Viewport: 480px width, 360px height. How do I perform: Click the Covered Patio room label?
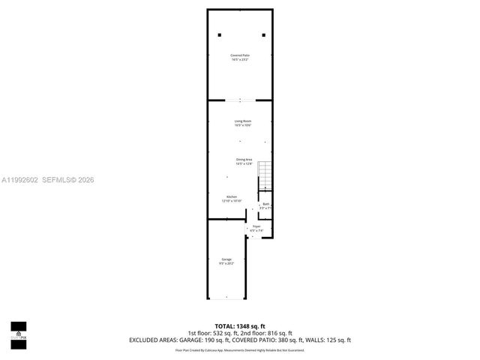click(240, 56)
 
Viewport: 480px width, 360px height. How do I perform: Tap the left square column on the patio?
click(219, 34)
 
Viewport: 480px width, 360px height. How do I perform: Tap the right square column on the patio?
click(263, 34)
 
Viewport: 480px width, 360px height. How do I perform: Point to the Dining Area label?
click(244, 161)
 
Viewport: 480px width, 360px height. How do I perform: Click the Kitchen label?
click(231, 199)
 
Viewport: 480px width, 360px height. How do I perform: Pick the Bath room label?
click(265, 205)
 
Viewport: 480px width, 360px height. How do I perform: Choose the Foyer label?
click(256, 228)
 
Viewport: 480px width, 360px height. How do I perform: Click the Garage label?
click(226, 262)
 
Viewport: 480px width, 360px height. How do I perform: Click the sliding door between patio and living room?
click(241, 99)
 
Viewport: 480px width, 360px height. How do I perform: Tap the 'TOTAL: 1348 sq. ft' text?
click(240, 326)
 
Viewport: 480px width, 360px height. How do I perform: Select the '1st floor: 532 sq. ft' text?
click(212, 333)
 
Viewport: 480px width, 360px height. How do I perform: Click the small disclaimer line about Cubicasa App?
click(240, 349)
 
